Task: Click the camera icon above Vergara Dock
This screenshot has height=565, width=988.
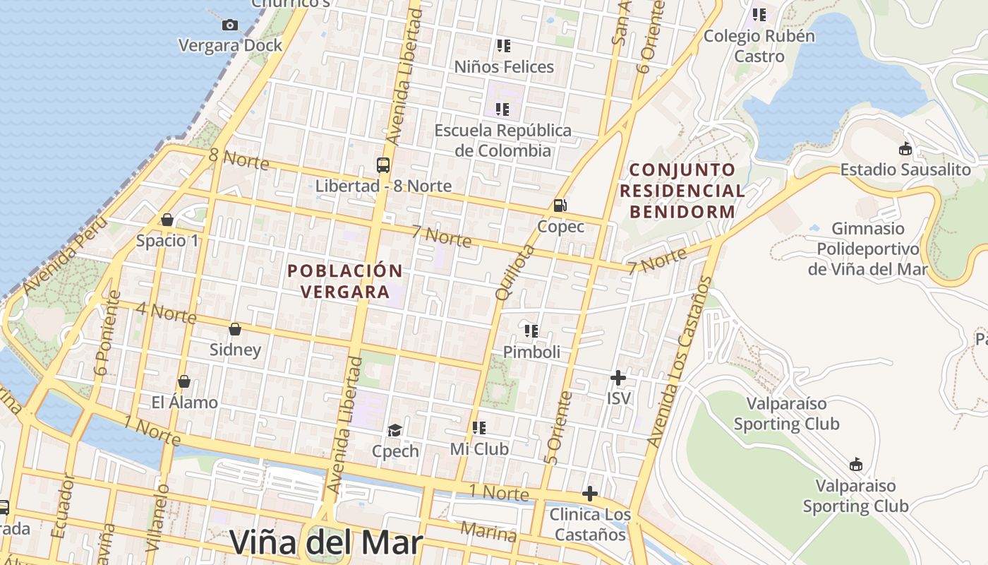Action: click(x=229, y=25)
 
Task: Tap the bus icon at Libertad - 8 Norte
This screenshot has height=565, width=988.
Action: click(x=382, y=165)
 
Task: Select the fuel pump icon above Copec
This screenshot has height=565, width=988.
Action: click(x=560, y=206)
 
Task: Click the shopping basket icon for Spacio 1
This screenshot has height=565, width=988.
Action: click(x=167, y=220)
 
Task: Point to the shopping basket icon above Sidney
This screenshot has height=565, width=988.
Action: click(x=235, y=329)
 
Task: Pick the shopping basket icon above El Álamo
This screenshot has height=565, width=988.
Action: click(x=184, y=381)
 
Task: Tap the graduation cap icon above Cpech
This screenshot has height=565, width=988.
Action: click(x=394, y=430)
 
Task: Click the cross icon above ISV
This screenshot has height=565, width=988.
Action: click(x=618, y=378)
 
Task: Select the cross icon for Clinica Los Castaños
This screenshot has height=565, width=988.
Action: click(x=590, y=493)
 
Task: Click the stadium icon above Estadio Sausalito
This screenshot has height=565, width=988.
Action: click(x=905, y=149)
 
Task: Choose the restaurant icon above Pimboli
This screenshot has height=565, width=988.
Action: click(x=531, y=331)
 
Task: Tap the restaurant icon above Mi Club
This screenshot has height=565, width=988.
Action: click(x=479, y=427)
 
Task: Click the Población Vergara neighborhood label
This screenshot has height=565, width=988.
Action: click(x=345, y=281)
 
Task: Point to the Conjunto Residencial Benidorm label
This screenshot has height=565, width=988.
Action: click(x=682, y=191)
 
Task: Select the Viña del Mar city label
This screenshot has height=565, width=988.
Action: click(x=326, y=543)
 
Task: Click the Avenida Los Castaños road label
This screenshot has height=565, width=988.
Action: click(x=681, y=362)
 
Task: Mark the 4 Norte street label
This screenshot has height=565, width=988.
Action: click(x=167, y=313)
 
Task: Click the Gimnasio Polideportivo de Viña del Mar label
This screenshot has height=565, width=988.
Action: click(x=868, y=249)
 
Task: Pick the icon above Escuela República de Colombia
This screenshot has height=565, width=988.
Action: click(x=502, y=109)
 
